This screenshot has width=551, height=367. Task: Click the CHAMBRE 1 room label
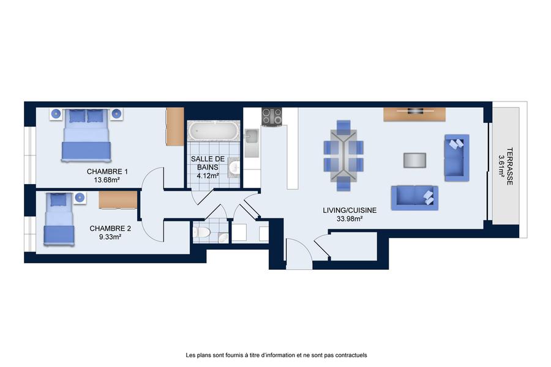(107, 172)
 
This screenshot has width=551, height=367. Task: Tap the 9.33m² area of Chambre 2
(110, 237)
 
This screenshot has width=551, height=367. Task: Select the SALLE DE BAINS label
(208, 163)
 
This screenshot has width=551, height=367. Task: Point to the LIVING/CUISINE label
(350, 210)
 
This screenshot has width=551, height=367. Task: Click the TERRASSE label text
(509, 166)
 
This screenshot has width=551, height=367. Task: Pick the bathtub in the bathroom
(212, 131)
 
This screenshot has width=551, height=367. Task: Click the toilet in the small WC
(201, 232)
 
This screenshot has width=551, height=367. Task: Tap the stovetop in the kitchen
(272, 117)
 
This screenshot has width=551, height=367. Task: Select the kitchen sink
(252, 136)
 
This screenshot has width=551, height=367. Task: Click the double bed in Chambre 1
(86, 135)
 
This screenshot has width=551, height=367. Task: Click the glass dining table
(343, 155)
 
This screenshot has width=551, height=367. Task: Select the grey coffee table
(414, 160)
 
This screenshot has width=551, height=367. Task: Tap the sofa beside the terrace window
(457, 158)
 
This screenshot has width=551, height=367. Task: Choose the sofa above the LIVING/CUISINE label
(414, 198)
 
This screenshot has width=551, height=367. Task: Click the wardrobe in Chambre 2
(118, 200)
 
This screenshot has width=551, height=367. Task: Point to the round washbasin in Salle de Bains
(234, 168)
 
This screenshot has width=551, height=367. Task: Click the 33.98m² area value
(350, 219)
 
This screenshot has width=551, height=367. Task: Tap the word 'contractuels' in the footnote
(351, 355)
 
